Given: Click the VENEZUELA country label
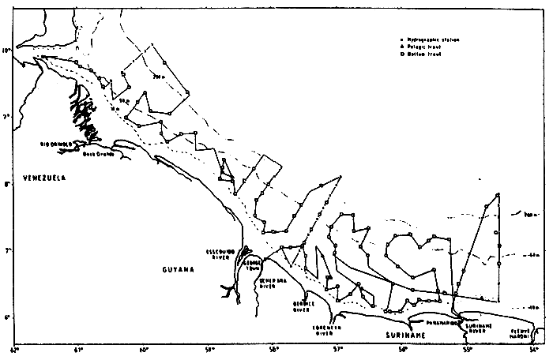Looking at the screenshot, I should pyautogui.click(x=43, y=178).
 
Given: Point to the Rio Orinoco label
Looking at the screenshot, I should pyautogui.click(x=56, y=144).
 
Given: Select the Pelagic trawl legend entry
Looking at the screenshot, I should pyautogui.click(x=427, y=48).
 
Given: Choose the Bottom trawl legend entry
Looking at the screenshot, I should pyautogui.click(x=427, y=57).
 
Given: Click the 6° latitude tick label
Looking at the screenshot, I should pyautogui.click(x=6, y=318).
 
